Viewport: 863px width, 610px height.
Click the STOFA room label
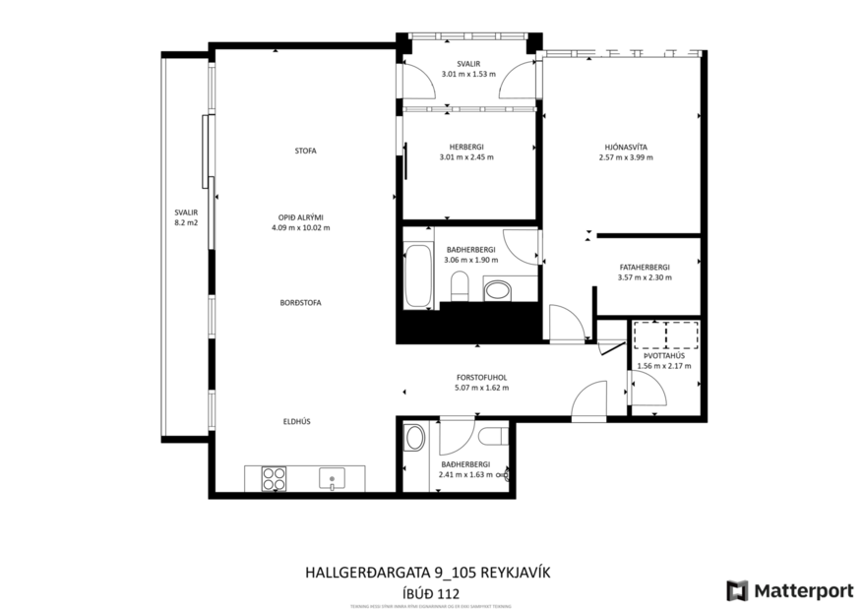tap(305, 151)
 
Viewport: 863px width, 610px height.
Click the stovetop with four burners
tap(273, 479)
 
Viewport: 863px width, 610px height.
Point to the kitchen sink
tap(333, 479)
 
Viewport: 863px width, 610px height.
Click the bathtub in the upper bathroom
tap(417, 276)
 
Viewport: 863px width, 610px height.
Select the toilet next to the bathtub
tap(459, 288)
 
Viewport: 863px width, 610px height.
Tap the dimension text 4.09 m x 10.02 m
tap(300, 227)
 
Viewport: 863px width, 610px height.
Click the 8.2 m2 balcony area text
tap(186, 223)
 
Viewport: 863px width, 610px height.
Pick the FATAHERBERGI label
tap(645, 266)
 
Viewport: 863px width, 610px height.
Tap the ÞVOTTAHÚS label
tap(664, 355)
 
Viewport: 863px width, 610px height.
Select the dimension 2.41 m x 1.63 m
tap(465, 475)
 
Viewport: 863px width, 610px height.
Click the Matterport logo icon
tap(737, 590)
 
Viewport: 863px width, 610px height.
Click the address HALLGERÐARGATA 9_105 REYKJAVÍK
tap(431, 572)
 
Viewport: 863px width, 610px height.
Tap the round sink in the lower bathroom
tap(415, 439)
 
